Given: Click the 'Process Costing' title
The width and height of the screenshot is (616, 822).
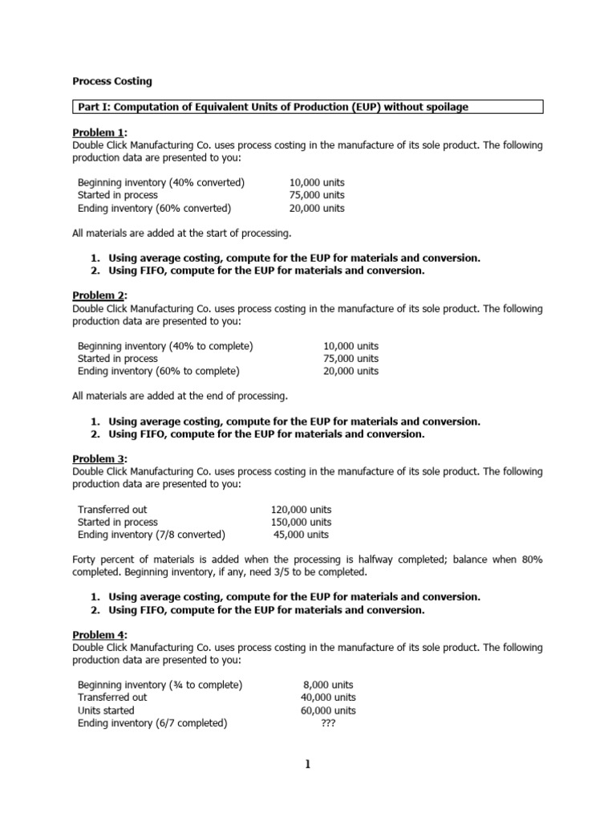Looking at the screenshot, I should pos(111,81).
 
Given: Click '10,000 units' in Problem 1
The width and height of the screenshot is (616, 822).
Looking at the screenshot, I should pos(317,182).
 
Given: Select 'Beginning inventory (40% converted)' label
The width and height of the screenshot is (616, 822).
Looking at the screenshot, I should pos(160,182).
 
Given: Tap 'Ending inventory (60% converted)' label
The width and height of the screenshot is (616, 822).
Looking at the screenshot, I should pos(154,208).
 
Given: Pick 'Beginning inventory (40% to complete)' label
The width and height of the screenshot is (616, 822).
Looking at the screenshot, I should pos(165,345).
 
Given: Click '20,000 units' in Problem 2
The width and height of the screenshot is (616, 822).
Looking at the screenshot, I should pos(351,371).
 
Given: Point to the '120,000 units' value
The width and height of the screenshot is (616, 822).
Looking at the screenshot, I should pos(301,509).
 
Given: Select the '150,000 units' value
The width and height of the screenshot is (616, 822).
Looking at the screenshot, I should pos(301,522).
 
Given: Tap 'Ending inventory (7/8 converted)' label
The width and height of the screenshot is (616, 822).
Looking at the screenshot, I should pos(152,535).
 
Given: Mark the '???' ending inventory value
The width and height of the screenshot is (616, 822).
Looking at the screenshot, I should pos(327,722).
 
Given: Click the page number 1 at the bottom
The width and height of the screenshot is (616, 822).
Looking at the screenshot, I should pos(307,764).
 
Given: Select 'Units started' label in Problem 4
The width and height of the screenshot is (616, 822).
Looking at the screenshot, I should pos(106,710).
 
